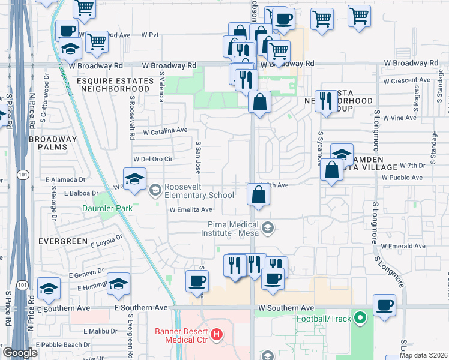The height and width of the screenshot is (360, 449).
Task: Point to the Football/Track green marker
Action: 360,318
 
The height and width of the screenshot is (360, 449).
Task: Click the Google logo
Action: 20,353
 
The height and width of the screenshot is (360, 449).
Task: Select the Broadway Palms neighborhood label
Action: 53,143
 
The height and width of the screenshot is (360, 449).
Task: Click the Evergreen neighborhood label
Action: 63,241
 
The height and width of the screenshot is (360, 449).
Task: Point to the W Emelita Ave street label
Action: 191,210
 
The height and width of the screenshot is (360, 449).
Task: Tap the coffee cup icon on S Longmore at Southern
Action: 384,305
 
